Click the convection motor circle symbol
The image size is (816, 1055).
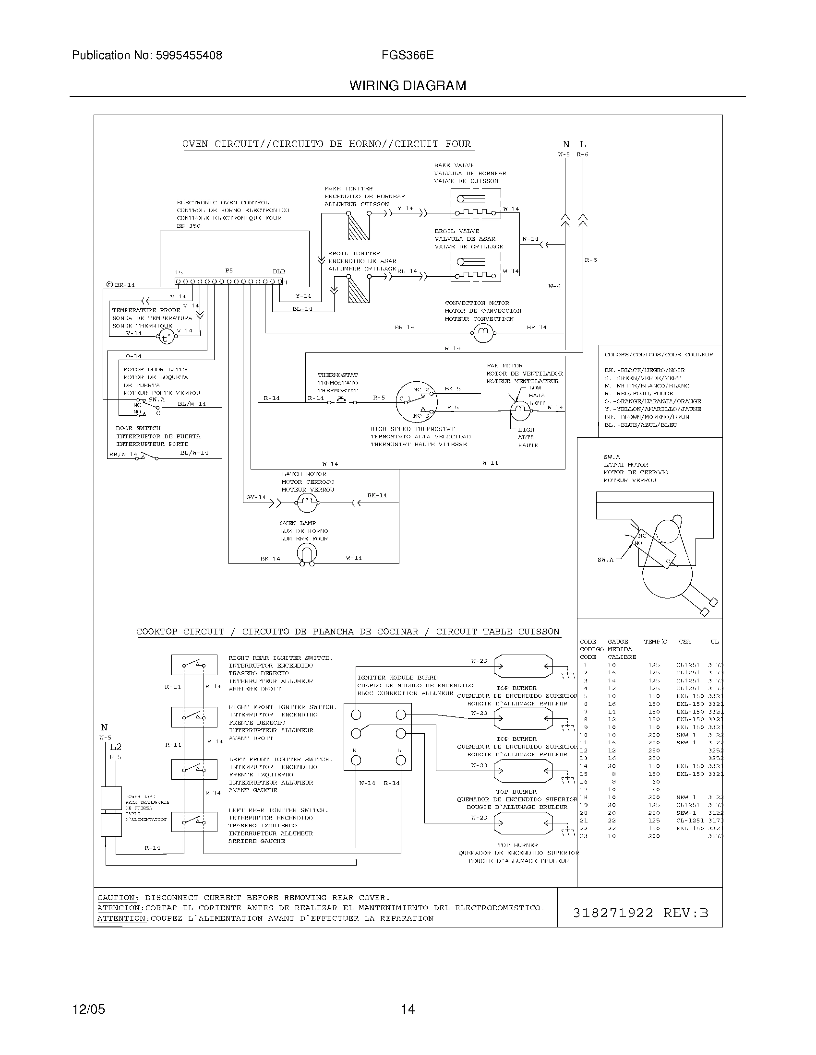click(x=482, y=332)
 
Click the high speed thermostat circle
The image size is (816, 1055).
click(x=416, y=402)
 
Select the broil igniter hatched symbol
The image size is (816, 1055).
click(x=359, y=289)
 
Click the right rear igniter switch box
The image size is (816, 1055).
click(x=194, y=665)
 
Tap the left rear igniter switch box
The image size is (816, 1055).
click(x=194, y=821)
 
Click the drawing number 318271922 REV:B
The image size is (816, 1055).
click(x=640, y=913)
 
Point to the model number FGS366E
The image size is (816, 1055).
click(x=407, y=55)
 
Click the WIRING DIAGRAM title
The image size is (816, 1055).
click(x=408, y=86)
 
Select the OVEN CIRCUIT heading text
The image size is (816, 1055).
click(x=326, y=144)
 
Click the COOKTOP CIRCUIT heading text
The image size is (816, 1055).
click(x=348, y=632)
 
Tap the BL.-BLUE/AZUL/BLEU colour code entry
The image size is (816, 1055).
click(x=640, y=424)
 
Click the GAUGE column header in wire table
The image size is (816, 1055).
click(x=617, y=642)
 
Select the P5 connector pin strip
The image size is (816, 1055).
click(x=228, y=281)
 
